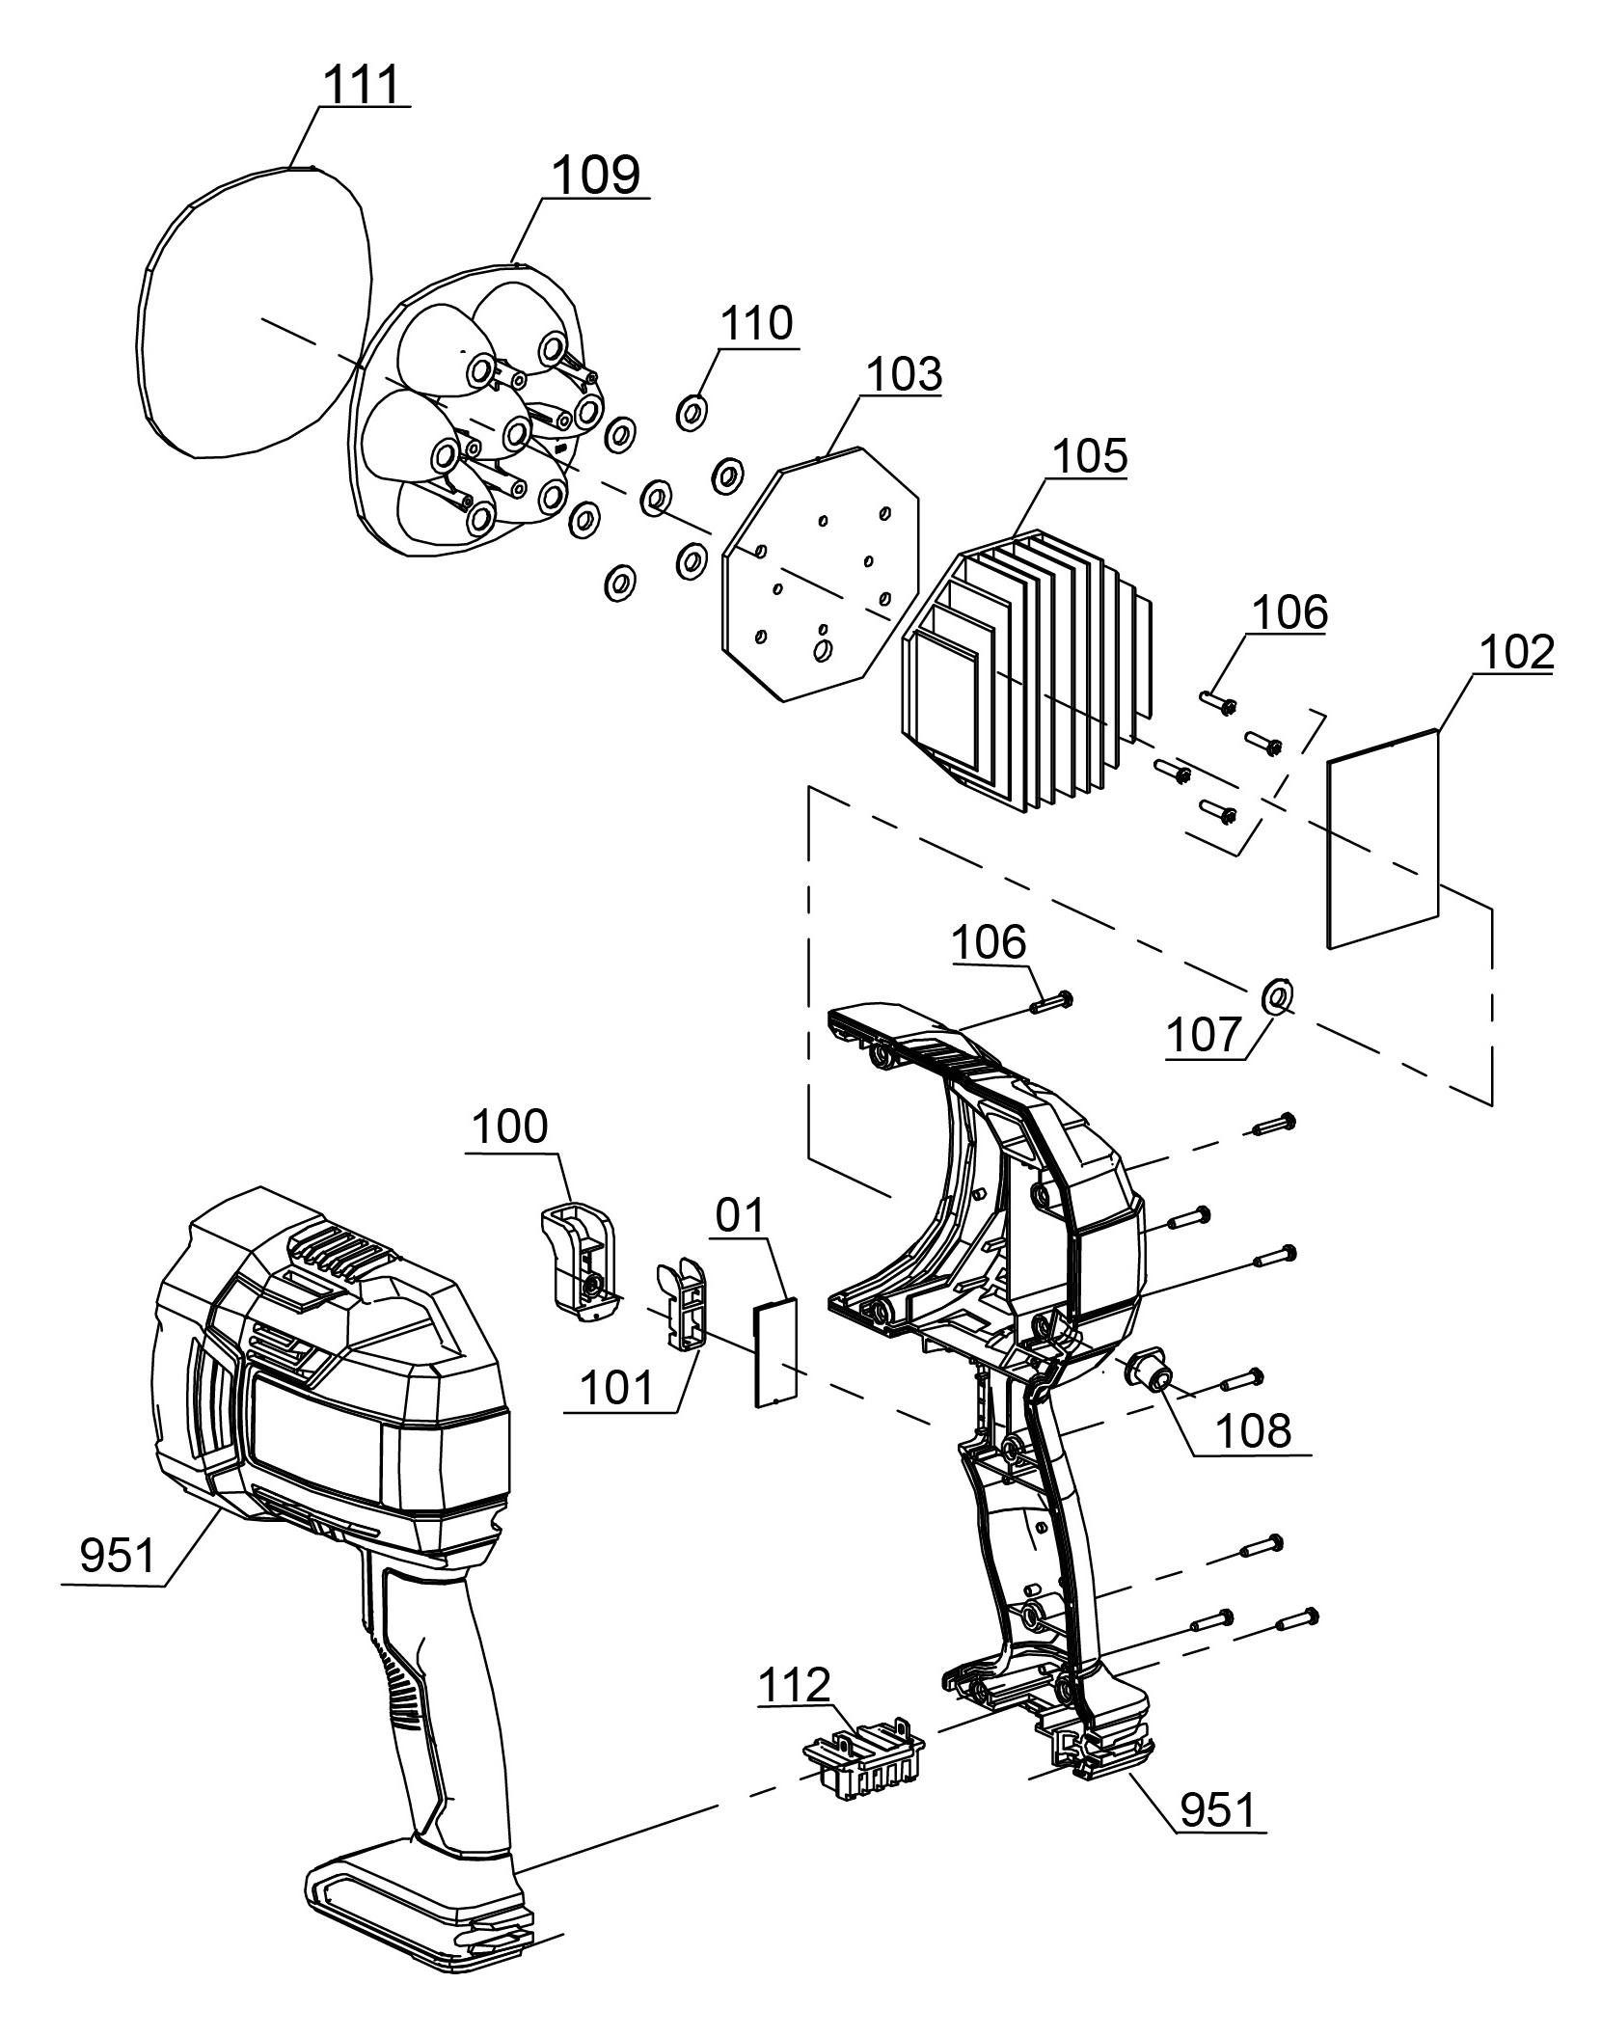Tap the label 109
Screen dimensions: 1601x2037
pos(595,176)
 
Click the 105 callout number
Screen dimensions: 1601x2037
pos(1090,455)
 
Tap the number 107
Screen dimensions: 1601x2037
pos(1203,1036)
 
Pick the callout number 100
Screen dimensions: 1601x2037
pos(510,1126)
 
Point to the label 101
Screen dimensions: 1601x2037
pos(616,1390)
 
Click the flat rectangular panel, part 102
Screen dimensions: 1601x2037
pos(1382,839)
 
